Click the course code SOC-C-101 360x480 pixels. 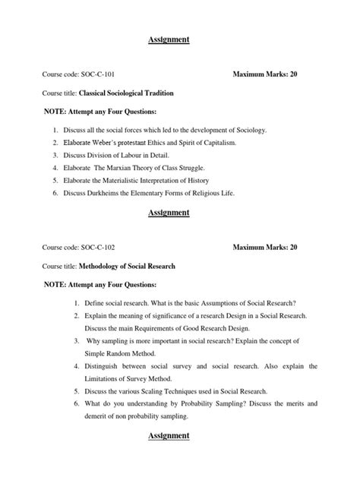(x=98, y=75)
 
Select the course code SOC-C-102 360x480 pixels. (x=98, y=247)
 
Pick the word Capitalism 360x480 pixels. (x=236, y=143)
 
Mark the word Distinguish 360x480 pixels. (x=110, y=366)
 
